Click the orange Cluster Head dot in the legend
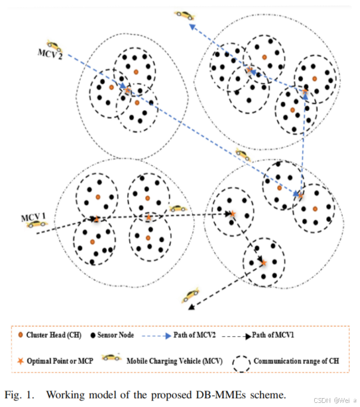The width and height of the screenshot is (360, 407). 22,335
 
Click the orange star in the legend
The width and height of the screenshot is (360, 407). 22,361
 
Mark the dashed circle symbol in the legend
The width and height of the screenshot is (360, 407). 240,361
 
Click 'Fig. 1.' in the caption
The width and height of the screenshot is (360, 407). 18,394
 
